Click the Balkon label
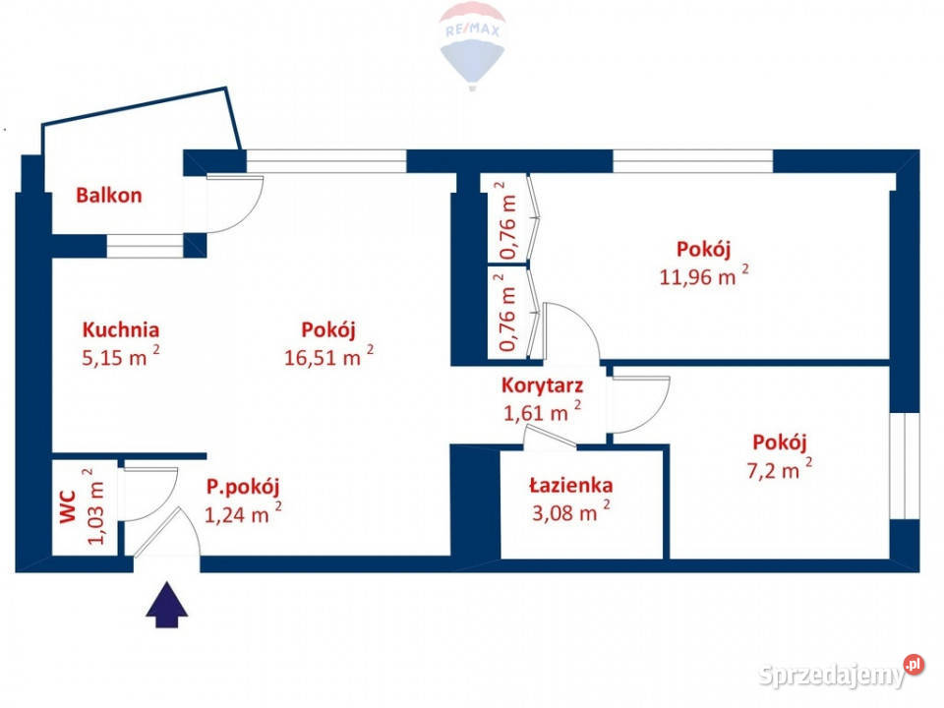point(109,195)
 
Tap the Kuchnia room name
point(121,330)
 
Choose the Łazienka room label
point(570,485)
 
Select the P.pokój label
point(243,485)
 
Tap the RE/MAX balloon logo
point(472,43)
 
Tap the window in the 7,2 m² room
point(904,465)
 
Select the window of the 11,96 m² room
point(692,160)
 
